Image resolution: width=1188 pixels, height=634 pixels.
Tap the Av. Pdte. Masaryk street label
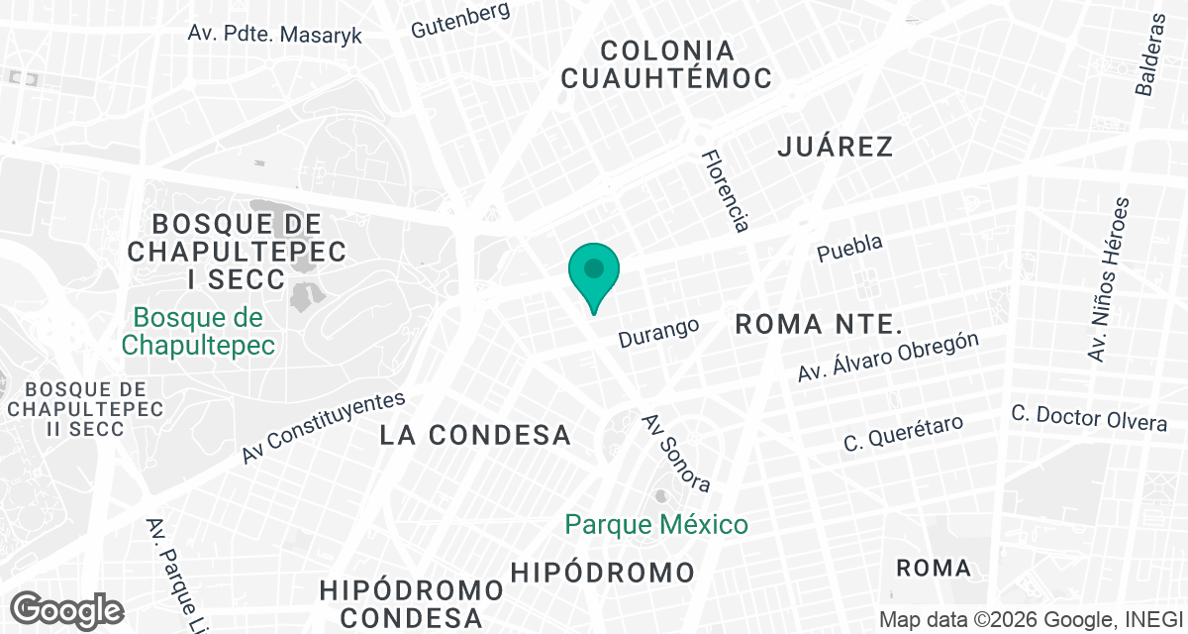pyautogui.click(x=275, y=34)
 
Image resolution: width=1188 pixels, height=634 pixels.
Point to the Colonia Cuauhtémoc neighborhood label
pyautogui.click(x=666, y=64)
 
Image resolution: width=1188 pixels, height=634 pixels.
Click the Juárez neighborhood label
pyautogui.click(x=836, y=147)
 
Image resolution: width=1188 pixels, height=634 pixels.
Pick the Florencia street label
pyautogui.click(x=724, y=190)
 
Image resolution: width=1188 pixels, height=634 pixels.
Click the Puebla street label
pyautogui.click(x=849, y=249)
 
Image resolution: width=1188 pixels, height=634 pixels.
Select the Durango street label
pyautogui.click(x=658, y=332)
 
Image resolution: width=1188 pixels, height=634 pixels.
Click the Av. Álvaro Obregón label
pyautogui.click(x=888, y=357)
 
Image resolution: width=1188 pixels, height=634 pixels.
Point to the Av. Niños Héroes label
pyautogui.click(x=1108, y=279)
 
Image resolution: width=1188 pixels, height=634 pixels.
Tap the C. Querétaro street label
pyautogui.click(x=903, y=434)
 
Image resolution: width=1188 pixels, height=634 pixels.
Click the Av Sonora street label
pyautogui.click(x=676, y=453)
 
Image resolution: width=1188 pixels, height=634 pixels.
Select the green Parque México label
pyautogui.click(x=656, y=523)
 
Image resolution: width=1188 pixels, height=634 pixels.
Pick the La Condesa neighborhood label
pyautogui.click(x=476, y=434)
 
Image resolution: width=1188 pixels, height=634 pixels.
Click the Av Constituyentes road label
pyautogui.click(x=324, y=428)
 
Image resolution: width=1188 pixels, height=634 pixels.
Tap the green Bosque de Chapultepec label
pyautogui.click(x=198, y=331)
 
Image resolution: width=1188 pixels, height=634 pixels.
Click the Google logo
pyautogui.click(x=66, y=608)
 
